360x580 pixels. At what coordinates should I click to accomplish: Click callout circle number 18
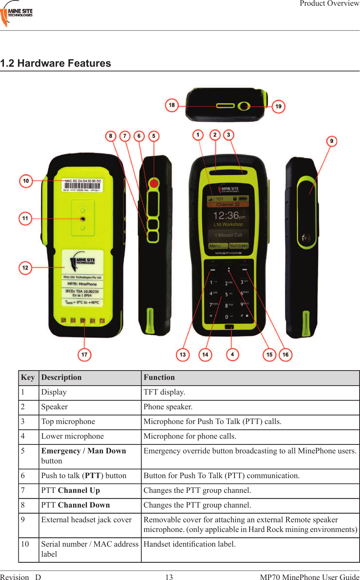pos(172,105)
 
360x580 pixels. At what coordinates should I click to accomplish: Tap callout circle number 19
pos(278,107)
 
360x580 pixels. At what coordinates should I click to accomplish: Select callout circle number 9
pos(332,141)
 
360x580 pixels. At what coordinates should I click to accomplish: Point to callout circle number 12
pos(25,268)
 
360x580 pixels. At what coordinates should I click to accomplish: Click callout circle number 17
pos(84,355)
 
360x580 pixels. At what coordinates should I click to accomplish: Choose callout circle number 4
pos(232,354)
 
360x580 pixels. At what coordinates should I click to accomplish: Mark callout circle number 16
pos(285,355)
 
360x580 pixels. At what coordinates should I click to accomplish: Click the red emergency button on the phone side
pos(153,184)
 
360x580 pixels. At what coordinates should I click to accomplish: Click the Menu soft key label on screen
pos(215,246)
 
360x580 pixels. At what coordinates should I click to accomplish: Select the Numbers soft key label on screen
pos(238,246)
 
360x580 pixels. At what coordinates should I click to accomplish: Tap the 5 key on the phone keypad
pos(227,294)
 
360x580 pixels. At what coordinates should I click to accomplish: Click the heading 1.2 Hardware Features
pos(56,63)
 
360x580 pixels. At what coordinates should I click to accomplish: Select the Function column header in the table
pos(159,377)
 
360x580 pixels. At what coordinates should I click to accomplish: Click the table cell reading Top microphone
pos(68,421)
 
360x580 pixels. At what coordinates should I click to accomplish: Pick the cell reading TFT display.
pos(164,392)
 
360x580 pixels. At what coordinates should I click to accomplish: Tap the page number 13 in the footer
pos(169,577)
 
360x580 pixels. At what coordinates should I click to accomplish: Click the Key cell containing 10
pos(25,544)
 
